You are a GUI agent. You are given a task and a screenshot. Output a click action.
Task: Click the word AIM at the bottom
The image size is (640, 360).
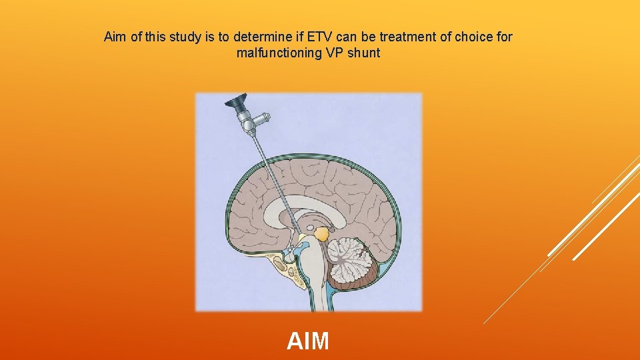coord(308,341)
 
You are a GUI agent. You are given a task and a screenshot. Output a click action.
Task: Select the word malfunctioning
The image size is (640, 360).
coord(279,53)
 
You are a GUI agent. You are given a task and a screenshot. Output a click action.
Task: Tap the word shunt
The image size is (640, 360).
coord(363,53)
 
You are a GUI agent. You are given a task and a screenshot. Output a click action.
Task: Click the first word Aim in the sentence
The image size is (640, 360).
coord(116,37)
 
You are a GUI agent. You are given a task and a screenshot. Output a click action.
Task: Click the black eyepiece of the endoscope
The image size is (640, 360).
coord(235,103)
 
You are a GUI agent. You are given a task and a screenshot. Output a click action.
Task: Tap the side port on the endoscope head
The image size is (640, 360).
coord(263,119)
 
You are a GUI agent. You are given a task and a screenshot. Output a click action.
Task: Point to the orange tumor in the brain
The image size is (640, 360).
coord(321,234)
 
